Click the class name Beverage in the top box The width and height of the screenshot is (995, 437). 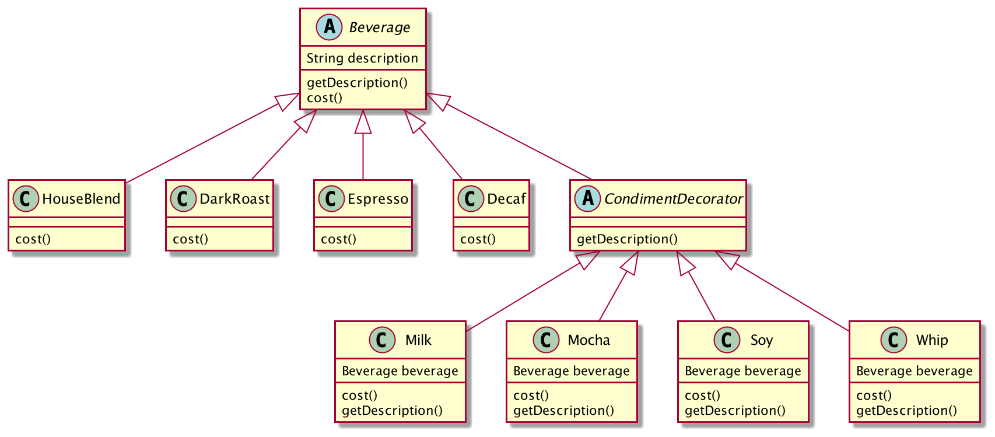point(379,27)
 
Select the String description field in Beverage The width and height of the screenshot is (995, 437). point(362,58)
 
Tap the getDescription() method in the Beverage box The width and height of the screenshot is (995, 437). point(357,83)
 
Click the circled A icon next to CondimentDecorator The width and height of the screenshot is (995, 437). point(587,199)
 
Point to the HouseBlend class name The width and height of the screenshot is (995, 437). point(81,199)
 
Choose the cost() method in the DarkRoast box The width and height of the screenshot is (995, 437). point(190,239)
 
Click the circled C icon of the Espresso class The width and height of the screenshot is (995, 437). point(331,199)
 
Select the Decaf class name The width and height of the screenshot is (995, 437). point(506,199)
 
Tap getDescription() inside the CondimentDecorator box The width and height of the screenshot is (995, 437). point(627,239)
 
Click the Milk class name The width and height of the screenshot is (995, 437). point(418,340)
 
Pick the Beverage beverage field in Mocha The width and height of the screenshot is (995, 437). point(571,371)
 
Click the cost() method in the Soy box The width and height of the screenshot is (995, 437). point(702,396)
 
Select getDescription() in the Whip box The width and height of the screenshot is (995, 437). point(906,411)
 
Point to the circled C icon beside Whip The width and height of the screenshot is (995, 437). point(894,340)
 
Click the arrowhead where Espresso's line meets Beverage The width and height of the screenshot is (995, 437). point(363,121)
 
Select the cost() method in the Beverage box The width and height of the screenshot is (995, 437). point(324,98)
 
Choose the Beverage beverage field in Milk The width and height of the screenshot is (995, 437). point(400,371)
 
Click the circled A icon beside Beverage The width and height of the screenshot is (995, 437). point(329,27)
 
